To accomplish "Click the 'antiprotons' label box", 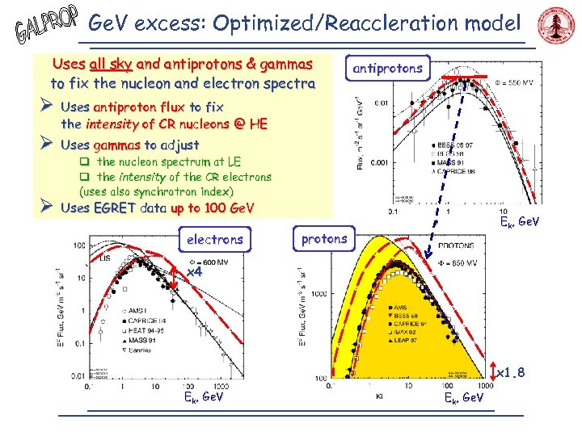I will [387, 69].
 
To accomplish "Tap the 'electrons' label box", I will [214, 240].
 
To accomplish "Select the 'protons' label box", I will [323, 238].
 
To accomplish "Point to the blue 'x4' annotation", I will [194, 272].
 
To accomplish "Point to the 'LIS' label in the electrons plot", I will [105, 258].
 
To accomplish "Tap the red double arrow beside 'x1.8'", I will [495, 371].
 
